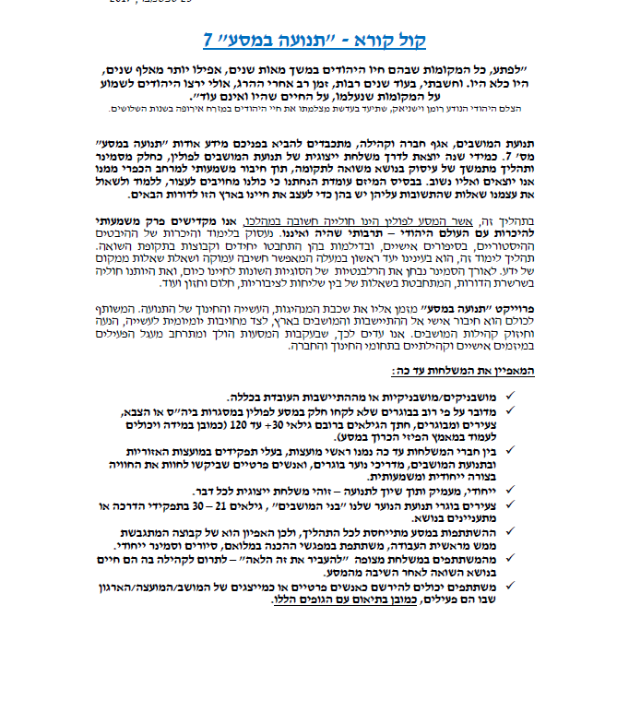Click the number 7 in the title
click(x=208, y=40)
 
